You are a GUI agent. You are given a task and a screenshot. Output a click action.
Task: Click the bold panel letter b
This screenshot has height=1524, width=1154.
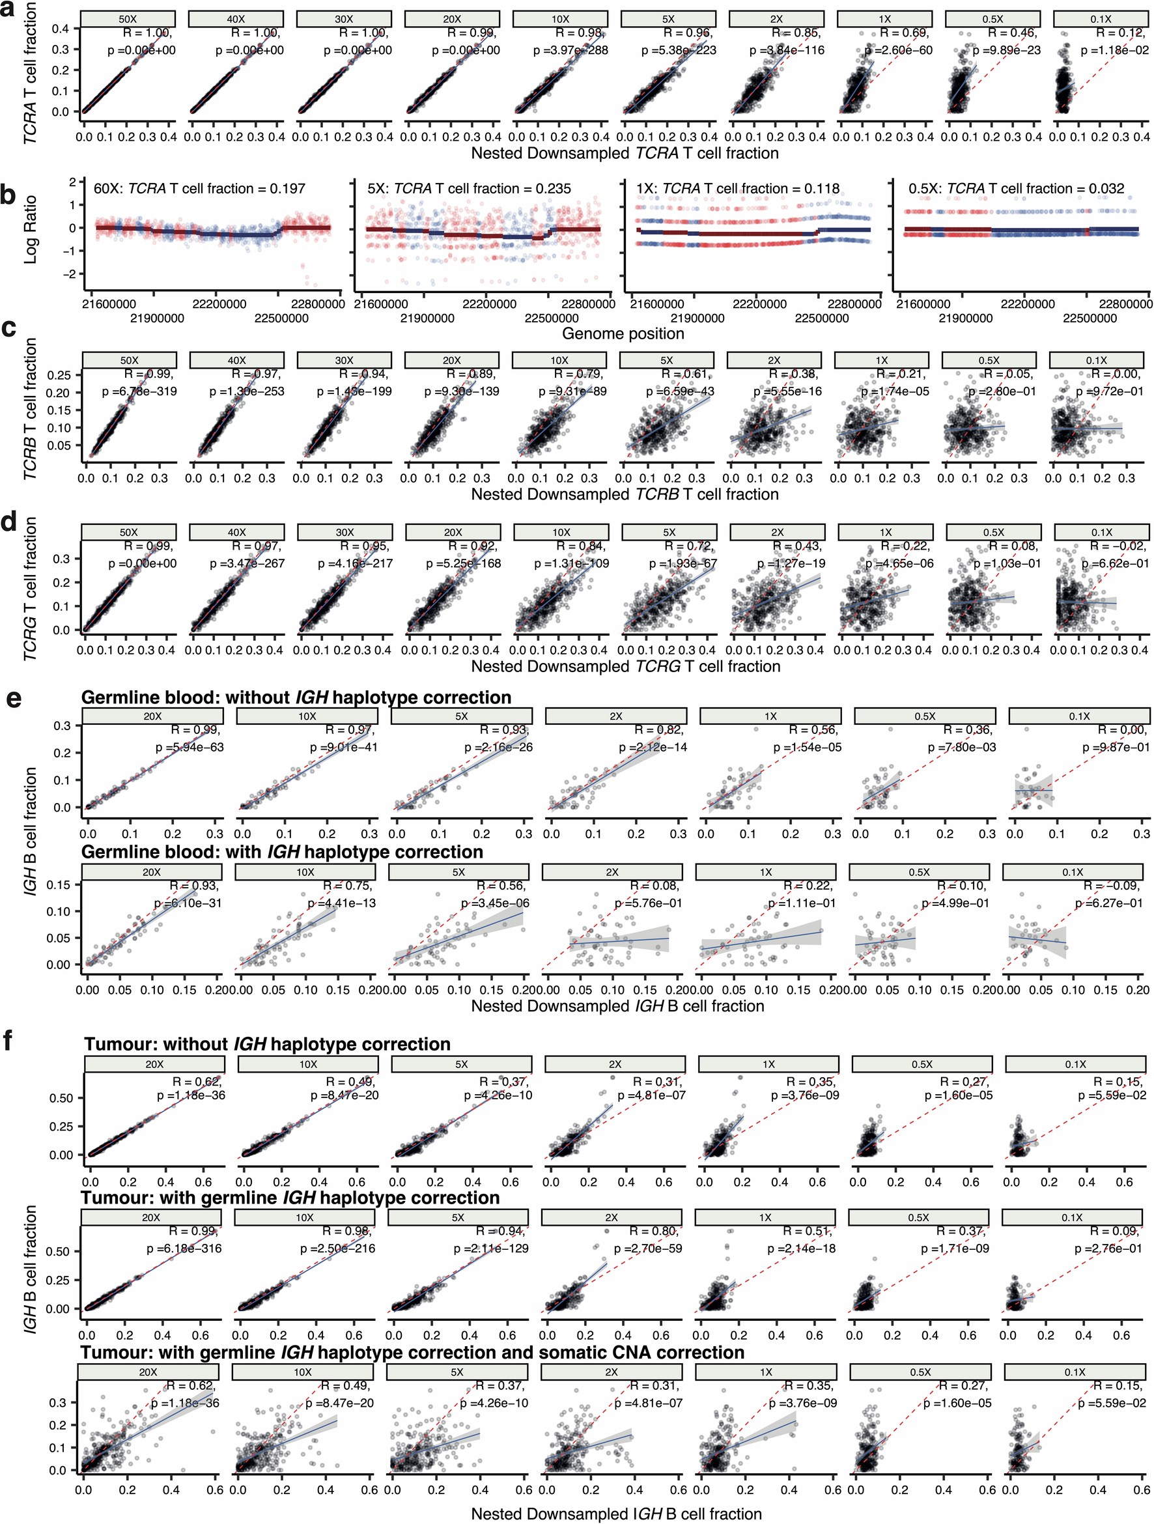(9, 195)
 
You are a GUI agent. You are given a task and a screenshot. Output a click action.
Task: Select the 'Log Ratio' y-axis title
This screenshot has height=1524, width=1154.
(31, 229)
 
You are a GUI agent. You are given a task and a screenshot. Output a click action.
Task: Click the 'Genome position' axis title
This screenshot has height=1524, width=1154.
(623, 333)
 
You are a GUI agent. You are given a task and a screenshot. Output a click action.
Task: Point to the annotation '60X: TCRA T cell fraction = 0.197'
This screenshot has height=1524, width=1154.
(199, 189)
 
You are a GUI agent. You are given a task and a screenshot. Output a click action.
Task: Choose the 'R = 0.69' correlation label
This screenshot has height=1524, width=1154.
(905, 33)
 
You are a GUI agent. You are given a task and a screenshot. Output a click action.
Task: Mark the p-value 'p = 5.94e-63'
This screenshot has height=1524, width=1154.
(188, 747)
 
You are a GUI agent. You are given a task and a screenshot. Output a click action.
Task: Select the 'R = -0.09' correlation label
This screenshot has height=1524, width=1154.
(1113, 885)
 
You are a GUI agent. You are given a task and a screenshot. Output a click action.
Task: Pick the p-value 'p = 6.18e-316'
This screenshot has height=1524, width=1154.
(184, 1249)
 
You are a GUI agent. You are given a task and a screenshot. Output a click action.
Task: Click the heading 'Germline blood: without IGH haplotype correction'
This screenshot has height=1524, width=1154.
(296, 698)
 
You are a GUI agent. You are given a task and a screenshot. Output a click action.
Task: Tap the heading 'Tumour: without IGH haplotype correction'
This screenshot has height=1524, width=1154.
(267, 1045)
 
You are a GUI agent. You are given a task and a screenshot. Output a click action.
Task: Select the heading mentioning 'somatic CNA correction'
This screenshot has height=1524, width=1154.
(413, 1353)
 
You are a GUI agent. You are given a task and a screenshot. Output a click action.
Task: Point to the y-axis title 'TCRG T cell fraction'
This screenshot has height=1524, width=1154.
(31, 589)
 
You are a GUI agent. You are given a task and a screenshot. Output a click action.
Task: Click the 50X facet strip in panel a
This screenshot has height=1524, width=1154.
(128, 20)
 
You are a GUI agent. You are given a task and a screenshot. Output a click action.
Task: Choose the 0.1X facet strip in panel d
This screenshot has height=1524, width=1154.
(1101, 533)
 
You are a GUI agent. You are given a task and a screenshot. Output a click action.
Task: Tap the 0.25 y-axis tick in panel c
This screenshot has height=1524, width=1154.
(60, 374)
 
